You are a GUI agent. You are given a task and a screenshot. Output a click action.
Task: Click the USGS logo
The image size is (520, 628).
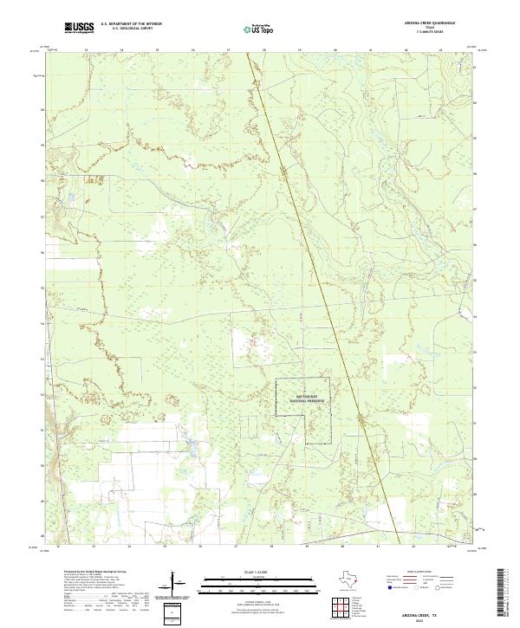[x=80, y=28]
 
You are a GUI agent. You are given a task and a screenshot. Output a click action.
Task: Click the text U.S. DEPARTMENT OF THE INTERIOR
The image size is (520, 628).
[x=132, y=24]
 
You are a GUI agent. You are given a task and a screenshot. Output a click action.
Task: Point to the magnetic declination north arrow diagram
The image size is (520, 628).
[x=176, y=581]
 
